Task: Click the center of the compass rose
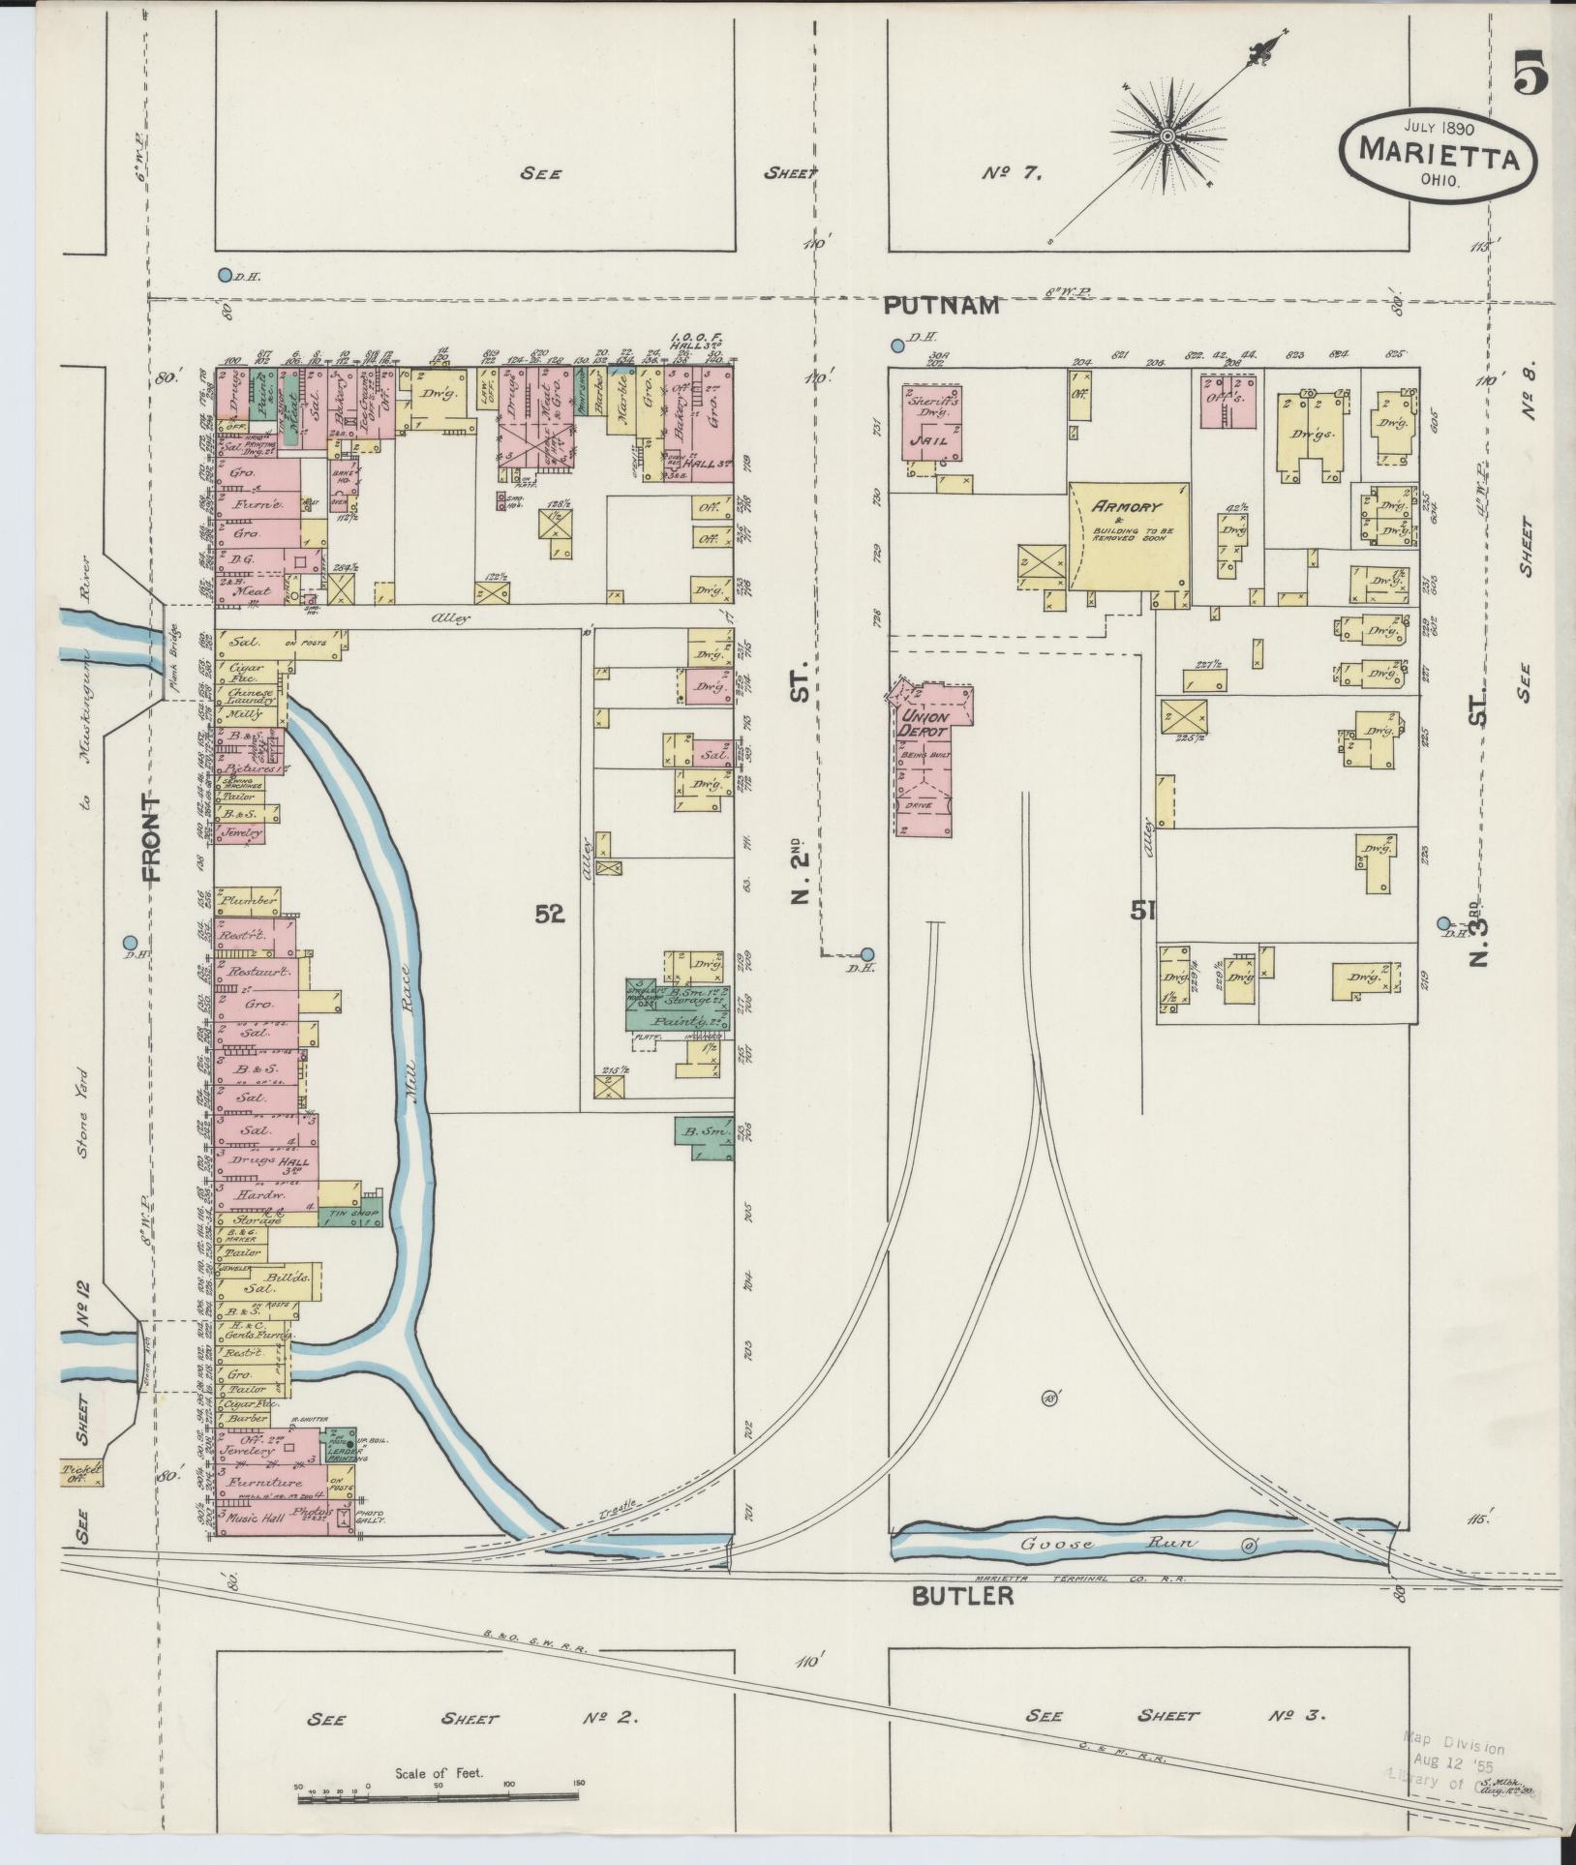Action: pyautogui.click(x=1167, y=135)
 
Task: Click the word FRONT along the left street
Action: pyautogui.click(x=152, y=838)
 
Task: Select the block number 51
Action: pyautogui.click(x=1143, y=909)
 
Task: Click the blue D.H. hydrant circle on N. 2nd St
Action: pyautogui.click(x=867, y=953)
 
